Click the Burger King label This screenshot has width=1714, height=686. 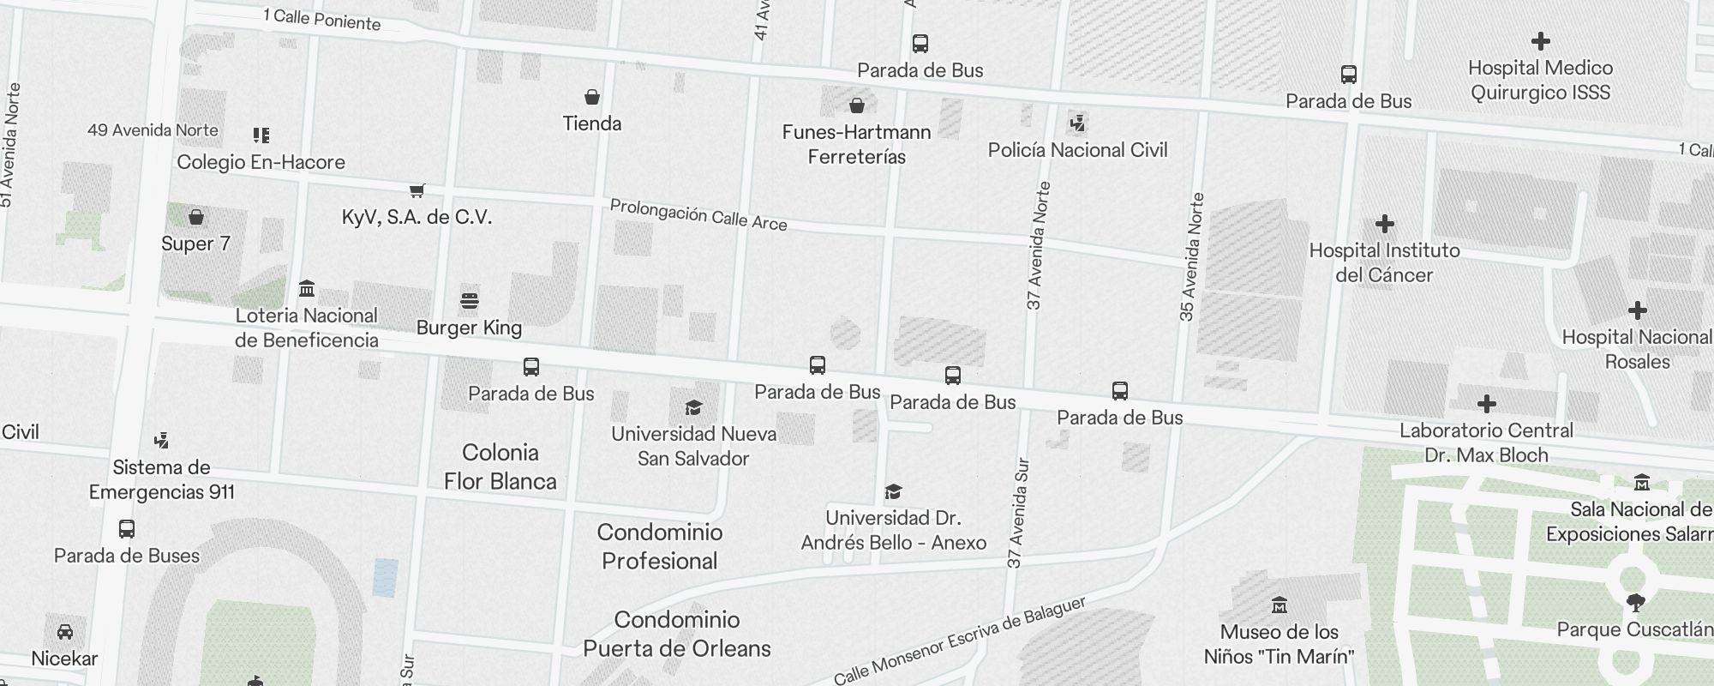pyautogui.click(x=469, y=328)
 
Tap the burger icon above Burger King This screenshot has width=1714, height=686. pyautogui.click(x=469, y=301)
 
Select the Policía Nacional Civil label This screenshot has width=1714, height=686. pyautogui.click(x=1077, y=150)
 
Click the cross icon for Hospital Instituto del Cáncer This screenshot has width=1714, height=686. pyautogui.click(x=1384, y=225)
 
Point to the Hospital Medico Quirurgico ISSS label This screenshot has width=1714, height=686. pyautogui.click(x=1540, y=80)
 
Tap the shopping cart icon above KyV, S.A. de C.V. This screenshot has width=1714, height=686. pyautogui.click(x=417, y=190)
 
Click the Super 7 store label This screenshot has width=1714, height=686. pyautogui.click(x=195, y=244)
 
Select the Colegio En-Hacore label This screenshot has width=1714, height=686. pyautogui.click(x=261, y=162)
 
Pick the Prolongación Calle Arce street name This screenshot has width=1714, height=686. pyautogui.click(x=698, y=215)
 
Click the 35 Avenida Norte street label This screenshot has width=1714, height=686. pyautogui.click(x=1191, y=257)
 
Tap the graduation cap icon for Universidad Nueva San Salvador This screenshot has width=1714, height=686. pyautogui.click(x=693, y=407)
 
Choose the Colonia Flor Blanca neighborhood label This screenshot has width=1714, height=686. pyautogui.click(x=500, y=466)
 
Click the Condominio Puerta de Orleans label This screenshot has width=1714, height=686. pyautogui.click(x=676, y=634)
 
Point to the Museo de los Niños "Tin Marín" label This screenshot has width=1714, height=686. pyautogui.click(x=1279, y=644)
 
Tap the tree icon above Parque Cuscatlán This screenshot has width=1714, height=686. pyautogui.click(x=1635, y=603)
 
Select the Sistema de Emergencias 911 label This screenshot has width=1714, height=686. pyautogui.click(x=161, y=479)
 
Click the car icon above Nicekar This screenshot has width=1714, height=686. pyautogui.click(x=64, y=632)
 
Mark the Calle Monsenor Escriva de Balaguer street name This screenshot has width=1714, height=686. pyautogui.click(x=959, y=641)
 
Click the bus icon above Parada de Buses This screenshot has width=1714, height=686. pyautogui.click(x=127, y=529)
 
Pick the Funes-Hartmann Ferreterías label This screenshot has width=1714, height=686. pyautogui.click(x=856, y=144)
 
